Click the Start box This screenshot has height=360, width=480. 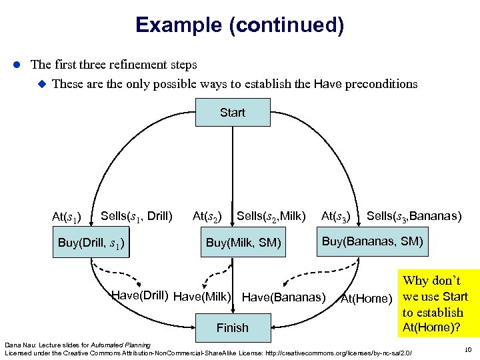click(233, 113)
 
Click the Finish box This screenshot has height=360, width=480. click(233, 327)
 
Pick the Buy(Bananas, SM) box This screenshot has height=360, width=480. click(373, 241)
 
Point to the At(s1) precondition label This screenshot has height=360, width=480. click(67, 217)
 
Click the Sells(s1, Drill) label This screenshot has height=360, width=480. click(136, 215)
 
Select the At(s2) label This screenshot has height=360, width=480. click(207, 215)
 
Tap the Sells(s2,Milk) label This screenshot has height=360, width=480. click(271, 215)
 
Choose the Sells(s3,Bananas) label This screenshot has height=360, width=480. click(413, 215)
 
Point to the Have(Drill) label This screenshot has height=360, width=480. click(139, 295)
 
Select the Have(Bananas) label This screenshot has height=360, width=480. click(284, 297)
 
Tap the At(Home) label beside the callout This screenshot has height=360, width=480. click(366, 299)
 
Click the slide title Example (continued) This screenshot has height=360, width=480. click(239, 25)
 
